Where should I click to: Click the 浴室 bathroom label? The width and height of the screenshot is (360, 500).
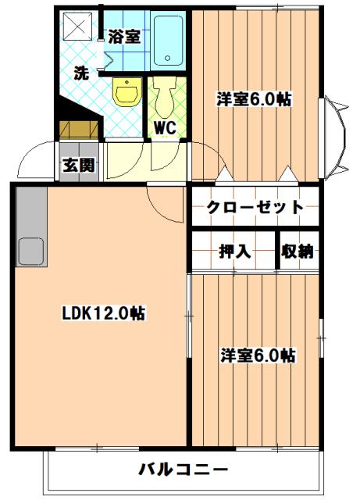(124, 36)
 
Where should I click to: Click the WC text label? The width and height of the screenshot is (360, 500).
(164, 127)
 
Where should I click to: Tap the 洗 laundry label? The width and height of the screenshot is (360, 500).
(80, 73)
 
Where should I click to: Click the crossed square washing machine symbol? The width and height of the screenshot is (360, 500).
(78, 27)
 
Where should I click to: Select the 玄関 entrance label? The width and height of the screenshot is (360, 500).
(79, 165)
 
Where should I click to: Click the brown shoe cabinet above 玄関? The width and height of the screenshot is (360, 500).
(79, 130)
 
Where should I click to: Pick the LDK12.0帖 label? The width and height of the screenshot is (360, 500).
(103, 314)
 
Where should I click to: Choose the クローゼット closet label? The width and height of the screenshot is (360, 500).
(255, 207)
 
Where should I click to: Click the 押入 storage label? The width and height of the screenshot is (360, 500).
(233, 252)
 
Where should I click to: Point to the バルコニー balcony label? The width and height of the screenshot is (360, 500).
(184, 470)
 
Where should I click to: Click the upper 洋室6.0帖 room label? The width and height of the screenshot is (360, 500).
(254, 99)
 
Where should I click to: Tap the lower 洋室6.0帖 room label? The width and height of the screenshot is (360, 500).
(257, 355)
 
